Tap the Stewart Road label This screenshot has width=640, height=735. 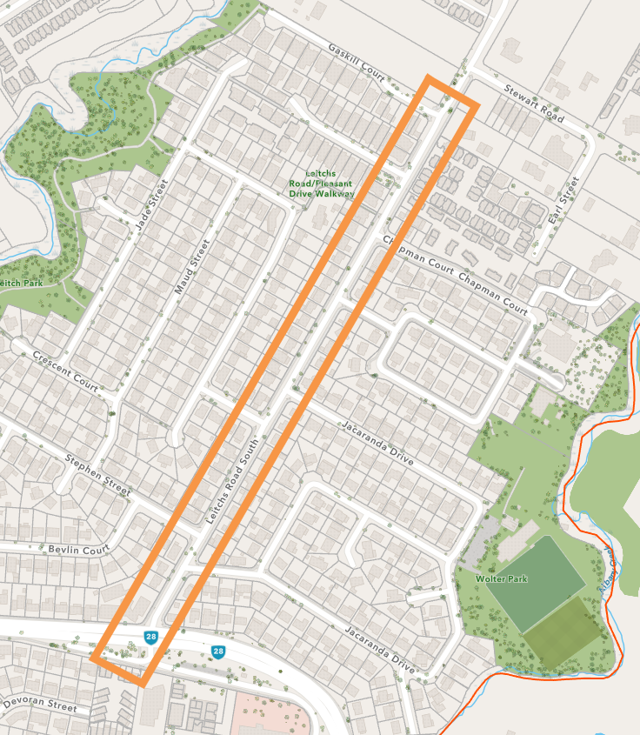click(533, 103)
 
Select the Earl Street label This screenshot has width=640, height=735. click(563, 204)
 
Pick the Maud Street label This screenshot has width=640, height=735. click(192, 267)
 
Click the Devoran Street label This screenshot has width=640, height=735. click(40, 704)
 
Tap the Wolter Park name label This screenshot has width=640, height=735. click(502, 578)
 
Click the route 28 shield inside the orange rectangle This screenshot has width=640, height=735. click(150, 638)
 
